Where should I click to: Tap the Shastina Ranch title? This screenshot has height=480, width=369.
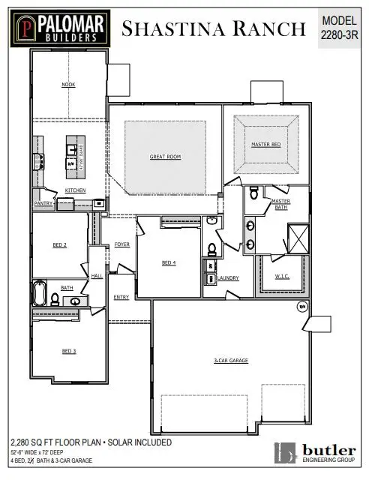[214, 29]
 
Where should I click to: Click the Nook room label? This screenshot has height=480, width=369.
[68, 85]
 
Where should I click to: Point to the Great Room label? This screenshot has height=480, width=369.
[165, 157]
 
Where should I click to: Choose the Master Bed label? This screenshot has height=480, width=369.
[266, 144]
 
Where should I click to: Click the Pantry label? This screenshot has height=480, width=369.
[42, 203]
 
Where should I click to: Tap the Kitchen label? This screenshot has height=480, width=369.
[75, 190]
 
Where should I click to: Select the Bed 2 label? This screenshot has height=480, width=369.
[60, 244]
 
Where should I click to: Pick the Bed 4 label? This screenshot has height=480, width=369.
[169, 262]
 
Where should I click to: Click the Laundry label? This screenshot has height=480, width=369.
[228, 278]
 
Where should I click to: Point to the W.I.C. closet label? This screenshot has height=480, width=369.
[282, 275]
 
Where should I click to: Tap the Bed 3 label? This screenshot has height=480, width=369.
[68, 351]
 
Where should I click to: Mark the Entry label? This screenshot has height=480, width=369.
[121, 297]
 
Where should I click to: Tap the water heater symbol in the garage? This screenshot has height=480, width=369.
[303, 305]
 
